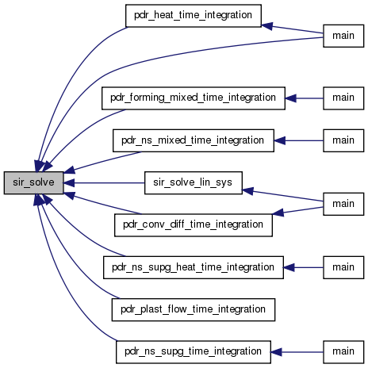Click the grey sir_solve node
(33, 182)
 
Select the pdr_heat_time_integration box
(194, 16)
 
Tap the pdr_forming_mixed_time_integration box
(194, 98)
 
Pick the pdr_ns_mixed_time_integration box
(194, 140)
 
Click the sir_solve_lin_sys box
(194, 182)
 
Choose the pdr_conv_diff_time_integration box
(194, 225)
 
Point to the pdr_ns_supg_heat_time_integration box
(194, 267)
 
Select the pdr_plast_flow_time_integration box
(194, 309)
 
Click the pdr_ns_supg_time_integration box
(194, 352)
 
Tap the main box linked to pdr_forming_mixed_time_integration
(343, 98)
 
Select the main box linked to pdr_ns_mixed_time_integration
(343, 140)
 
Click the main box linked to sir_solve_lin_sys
(343, 204)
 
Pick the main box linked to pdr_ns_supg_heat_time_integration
(343, 267)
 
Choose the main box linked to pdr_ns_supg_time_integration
(343, 352)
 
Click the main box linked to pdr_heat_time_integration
(343, 36)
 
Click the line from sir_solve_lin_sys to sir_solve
(104, 182)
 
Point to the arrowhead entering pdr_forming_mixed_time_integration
(290, 98)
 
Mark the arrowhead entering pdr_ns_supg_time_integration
(276, 352)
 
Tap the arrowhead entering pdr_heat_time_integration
(266, 26)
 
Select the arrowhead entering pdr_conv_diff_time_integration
(278, 213)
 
